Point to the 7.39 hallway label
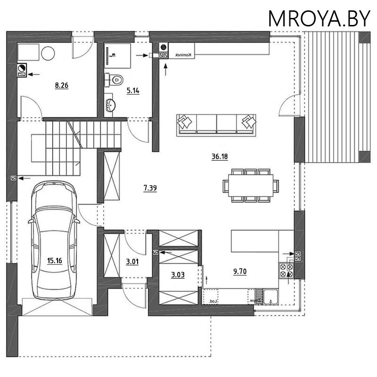point(150,188)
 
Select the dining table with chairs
point(250,185)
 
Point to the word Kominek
point(182,56)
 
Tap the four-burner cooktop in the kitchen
point(287,270)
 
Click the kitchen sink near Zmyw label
point(270,296)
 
